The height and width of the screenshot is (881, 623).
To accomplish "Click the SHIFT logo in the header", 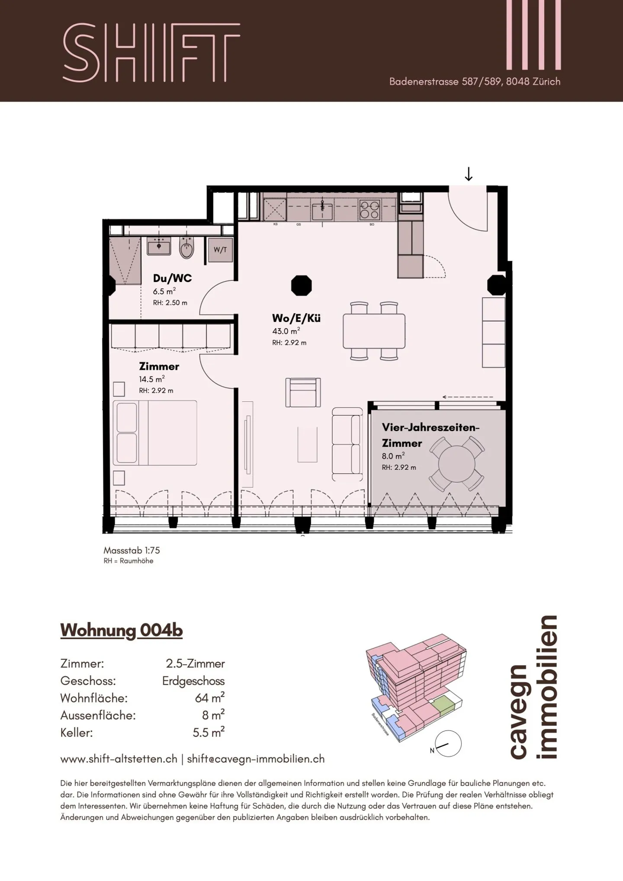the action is click(x=151, y=52).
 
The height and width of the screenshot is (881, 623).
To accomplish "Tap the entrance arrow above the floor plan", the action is click(x=468, y=174).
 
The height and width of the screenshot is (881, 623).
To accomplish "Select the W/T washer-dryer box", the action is click(x=220, y=250).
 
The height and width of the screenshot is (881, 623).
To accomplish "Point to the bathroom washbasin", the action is click(x=159, y=246).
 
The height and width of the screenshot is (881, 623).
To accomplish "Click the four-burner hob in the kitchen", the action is click(x=369, y=209).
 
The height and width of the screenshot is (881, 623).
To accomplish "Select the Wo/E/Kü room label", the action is click(x=296, y=318).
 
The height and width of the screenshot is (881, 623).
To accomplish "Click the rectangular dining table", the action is click(x=374, y=331).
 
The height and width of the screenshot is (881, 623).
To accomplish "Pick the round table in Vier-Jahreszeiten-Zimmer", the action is click(x=456, y=464).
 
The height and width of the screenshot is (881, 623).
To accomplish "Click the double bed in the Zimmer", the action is click(x=155, y=432).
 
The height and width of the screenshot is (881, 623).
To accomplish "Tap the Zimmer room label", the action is click(x=159, y=366).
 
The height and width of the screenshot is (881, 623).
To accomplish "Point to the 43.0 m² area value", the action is click(x=286, y=331).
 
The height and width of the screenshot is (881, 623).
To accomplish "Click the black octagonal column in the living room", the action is click(x=302, y=285).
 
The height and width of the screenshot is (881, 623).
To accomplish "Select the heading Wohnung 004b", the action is click(x=122, y=631).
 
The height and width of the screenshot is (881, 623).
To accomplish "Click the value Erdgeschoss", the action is click(x=193, y=681).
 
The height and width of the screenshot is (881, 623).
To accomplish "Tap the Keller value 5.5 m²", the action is click(x=209, y=732).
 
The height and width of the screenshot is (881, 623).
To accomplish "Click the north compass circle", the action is click(x=448, y=744).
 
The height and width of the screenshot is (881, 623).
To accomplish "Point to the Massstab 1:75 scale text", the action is click(x=132, y=550).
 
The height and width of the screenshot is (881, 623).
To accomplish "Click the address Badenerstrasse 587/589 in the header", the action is click(x=446, y=81).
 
